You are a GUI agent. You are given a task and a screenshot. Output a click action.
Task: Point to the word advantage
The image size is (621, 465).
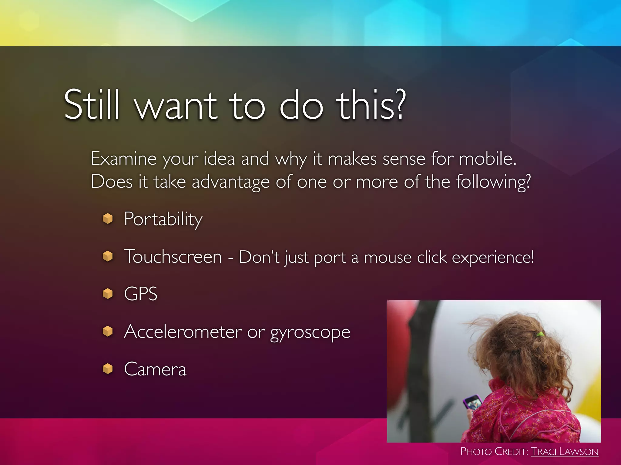(230, 182)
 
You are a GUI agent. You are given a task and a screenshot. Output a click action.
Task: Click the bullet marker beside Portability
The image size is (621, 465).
(108, 218)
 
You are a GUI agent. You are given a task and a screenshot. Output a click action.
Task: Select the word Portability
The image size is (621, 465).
(163, 219)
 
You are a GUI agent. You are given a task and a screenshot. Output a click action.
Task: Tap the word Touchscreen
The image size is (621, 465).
(173, 257)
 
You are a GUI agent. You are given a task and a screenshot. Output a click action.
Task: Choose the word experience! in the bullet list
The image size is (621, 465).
(493, 258)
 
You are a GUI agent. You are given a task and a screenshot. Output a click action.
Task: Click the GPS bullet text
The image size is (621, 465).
(141, 294)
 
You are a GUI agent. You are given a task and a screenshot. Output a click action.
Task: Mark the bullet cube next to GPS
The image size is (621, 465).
(108, 293)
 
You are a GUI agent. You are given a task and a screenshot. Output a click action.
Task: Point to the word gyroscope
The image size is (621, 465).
(310, 333)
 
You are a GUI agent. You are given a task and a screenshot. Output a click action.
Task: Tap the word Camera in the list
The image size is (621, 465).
(155, 369)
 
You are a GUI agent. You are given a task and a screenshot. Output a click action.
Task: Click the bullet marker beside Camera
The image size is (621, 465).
(108, 369)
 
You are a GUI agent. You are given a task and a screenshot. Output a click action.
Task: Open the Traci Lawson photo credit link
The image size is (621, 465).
(564, 452)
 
